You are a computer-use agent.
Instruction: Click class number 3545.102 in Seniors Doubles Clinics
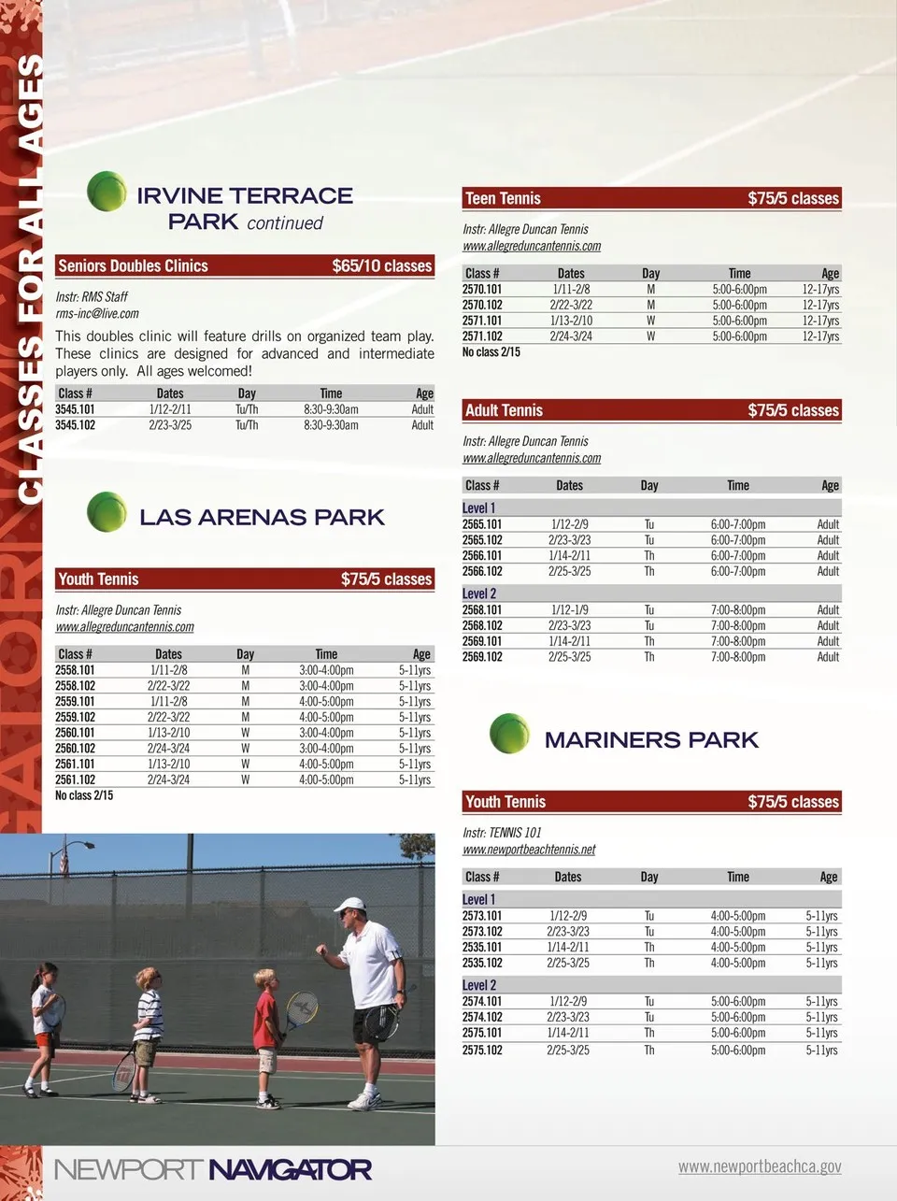point(75,425)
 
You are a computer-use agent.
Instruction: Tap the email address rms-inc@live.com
point(97,314)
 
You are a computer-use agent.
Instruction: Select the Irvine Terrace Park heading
point(245,207)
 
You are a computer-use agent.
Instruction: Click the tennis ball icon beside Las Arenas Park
point(107,512)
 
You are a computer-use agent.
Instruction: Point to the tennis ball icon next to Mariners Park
point(509,734)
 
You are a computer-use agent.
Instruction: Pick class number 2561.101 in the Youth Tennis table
point(75,764)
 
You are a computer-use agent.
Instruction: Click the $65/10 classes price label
point(381,266)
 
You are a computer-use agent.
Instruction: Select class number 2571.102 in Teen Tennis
point(482,336)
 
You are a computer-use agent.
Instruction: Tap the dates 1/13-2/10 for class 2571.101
point(571,321)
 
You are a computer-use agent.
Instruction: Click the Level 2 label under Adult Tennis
point(479,593)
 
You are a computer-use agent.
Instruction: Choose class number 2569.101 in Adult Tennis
point(482,641)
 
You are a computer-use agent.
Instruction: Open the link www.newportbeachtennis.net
point(529,850)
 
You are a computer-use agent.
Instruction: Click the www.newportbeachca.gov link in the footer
point(759,1166)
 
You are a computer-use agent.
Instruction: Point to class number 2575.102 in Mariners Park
point(482,1050)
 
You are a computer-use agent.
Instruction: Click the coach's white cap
point(350,904)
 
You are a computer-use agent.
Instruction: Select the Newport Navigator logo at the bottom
point(213,1169)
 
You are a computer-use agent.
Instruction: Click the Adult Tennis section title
point(504,410)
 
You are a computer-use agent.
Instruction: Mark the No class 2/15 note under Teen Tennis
point(491,352)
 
